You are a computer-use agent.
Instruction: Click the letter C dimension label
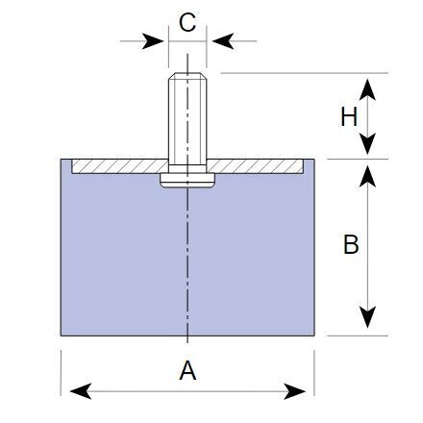click(187, 22)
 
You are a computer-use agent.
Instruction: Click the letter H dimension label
click(349, 116)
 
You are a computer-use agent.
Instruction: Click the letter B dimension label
click(351, 244)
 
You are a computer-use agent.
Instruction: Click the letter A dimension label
click(187, 370)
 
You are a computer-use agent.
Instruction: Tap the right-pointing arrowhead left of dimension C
click(153, 41)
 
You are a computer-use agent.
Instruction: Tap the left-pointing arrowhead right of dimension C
click(223, 41)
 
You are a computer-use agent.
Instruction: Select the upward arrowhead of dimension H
click(367, 89)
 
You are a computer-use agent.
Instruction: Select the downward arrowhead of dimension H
click(367, 144)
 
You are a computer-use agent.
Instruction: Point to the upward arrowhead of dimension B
click(367, 176)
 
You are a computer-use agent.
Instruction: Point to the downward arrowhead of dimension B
click(367, 317)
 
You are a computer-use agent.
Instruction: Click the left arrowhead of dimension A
click(81, 391)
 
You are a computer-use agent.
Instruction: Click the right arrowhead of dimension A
click(294, 391)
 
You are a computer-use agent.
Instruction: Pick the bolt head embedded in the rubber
click(187, 180)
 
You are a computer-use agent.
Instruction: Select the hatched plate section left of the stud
click(120, 166)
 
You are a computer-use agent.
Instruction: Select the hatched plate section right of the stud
click(255, 166)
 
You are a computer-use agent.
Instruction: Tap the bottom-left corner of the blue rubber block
click(61, 336)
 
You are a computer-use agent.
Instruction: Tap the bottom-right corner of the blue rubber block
click(314, 336)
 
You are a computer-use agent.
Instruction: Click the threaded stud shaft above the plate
click(187, 119)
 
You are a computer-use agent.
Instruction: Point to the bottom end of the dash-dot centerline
click(187, 343)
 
